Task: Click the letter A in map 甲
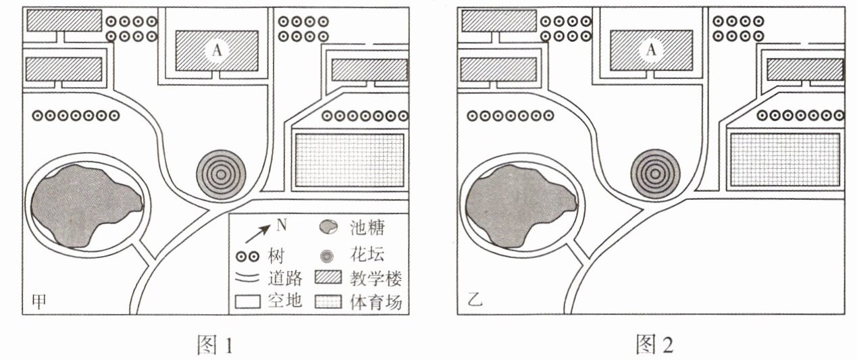(x=216, y=50)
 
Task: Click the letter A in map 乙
(x=651, y=50)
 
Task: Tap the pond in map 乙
(x=518, y=203)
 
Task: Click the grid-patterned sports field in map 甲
(x=349, y=160)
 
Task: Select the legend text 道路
(x=285, y=278)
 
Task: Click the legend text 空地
(x=285, y=302)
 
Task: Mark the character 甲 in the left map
(x=40, y=302)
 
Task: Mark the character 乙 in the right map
(x=475, y=302)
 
